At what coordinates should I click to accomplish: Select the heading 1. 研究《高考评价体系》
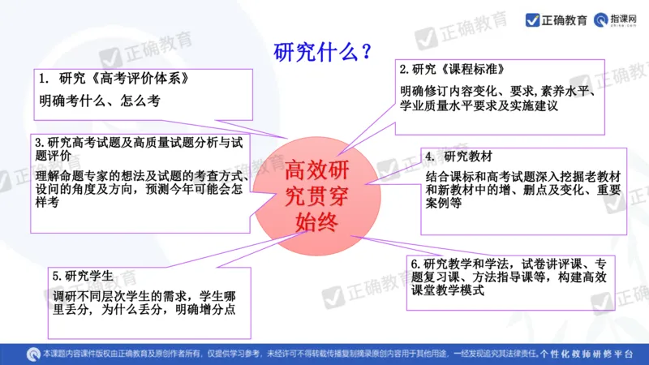click(118, 79)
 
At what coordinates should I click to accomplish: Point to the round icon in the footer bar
click(32, 354)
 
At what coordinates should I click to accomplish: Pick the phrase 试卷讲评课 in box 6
click(551, 263)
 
